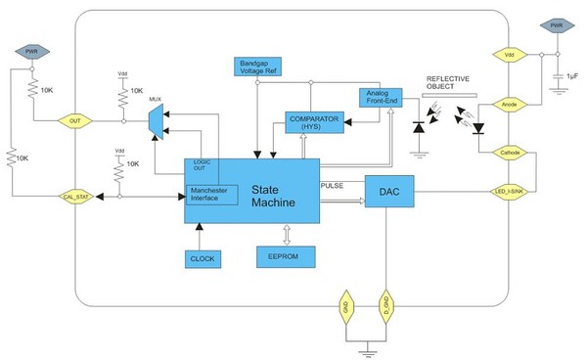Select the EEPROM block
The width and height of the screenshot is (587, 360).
pyautogui.click(x=284, y=256)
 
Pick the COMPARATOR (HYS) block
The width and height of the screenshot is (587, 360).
pyautogui.click(x=313, y=122)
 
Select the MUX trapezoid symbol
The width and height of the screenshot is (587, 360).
pyautogui.click(x=155, y=120)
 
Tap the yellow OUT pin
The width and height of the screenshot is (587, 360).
pyautogui.click(x=72, y=121)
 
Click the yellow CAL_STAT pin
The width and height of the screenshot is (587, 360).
pyautogui.click(x=72, y=197)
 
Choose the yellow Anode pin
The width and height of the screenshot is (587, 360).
pyautogui.click(x=509, y=104)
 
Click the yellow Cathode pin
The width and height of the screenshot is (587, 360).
pyautogui.click(x=509, y=153)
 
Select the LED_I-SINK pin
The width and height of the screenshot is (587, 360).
pyautogui.click(x=509, y=194)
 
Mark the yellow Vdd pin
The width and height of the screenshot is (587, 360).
pyautogui.click(x=509, y=57)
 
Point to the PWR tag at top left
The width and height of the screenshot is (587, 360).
pyautogui.click(x=32, y=50)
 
